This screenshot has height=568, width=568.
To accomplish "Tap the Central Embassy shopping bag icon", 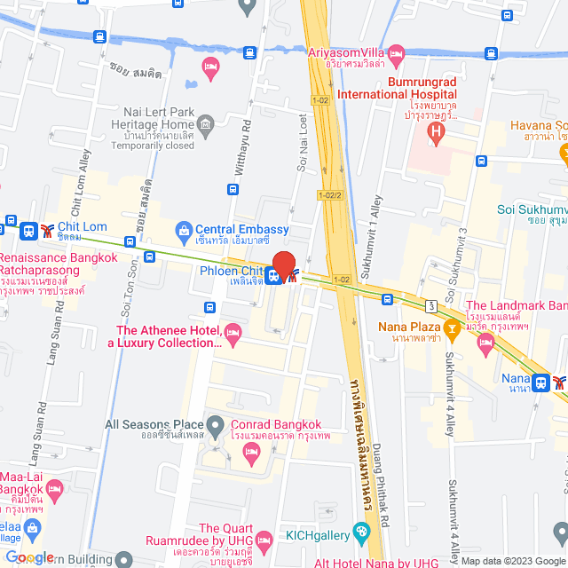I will (x=185, y=230).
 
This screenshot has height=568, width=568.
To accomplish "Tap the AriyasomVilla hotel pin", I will (x=396, y=52).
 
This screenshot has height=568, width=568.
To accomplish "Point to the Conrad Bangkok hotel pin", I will (x=250, y=453).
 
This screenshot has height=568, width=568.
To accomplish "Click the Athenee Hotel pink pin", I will (x=233, y=333).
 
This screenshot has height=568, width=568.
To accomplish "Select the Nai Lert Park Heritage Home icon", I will (x=206, y=122).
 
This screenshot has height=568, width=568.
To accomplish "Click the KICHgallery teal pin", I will (x=360, y=532).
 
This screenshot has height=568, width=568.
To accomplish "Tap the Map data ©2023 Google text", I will (x=512, y=561).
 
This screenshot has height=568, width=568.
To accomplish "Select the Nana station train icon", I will (x=540, y=383).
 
